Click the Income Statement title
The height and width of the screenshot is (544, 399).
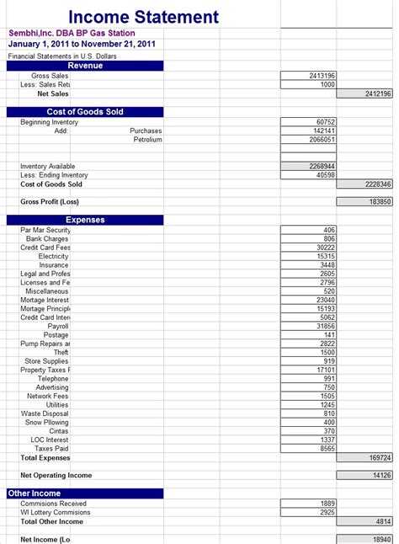pos(143,17)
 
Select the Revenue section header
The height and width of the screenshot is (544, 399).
pos(85,66)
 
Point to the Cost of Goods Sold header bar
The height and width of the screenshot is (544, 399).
pos(85,112)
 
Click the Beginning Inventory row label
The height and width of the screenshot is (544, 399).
pos(49,122)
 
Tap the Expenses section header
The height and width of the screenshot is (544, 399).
pos(85,220)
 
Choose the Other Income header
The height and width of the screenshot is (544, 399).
pos(35,493)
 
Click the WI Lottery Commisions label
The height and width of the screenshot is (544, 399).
pos(56,512)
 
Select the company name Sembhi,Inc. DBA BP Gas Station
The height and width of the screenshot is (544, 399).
pos(72,33)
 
